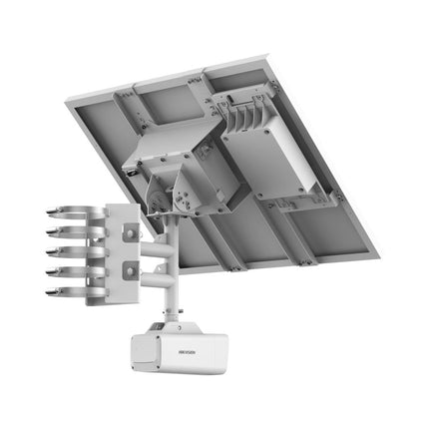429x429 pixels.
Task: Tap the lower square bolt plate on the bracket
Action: (130, 269)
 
